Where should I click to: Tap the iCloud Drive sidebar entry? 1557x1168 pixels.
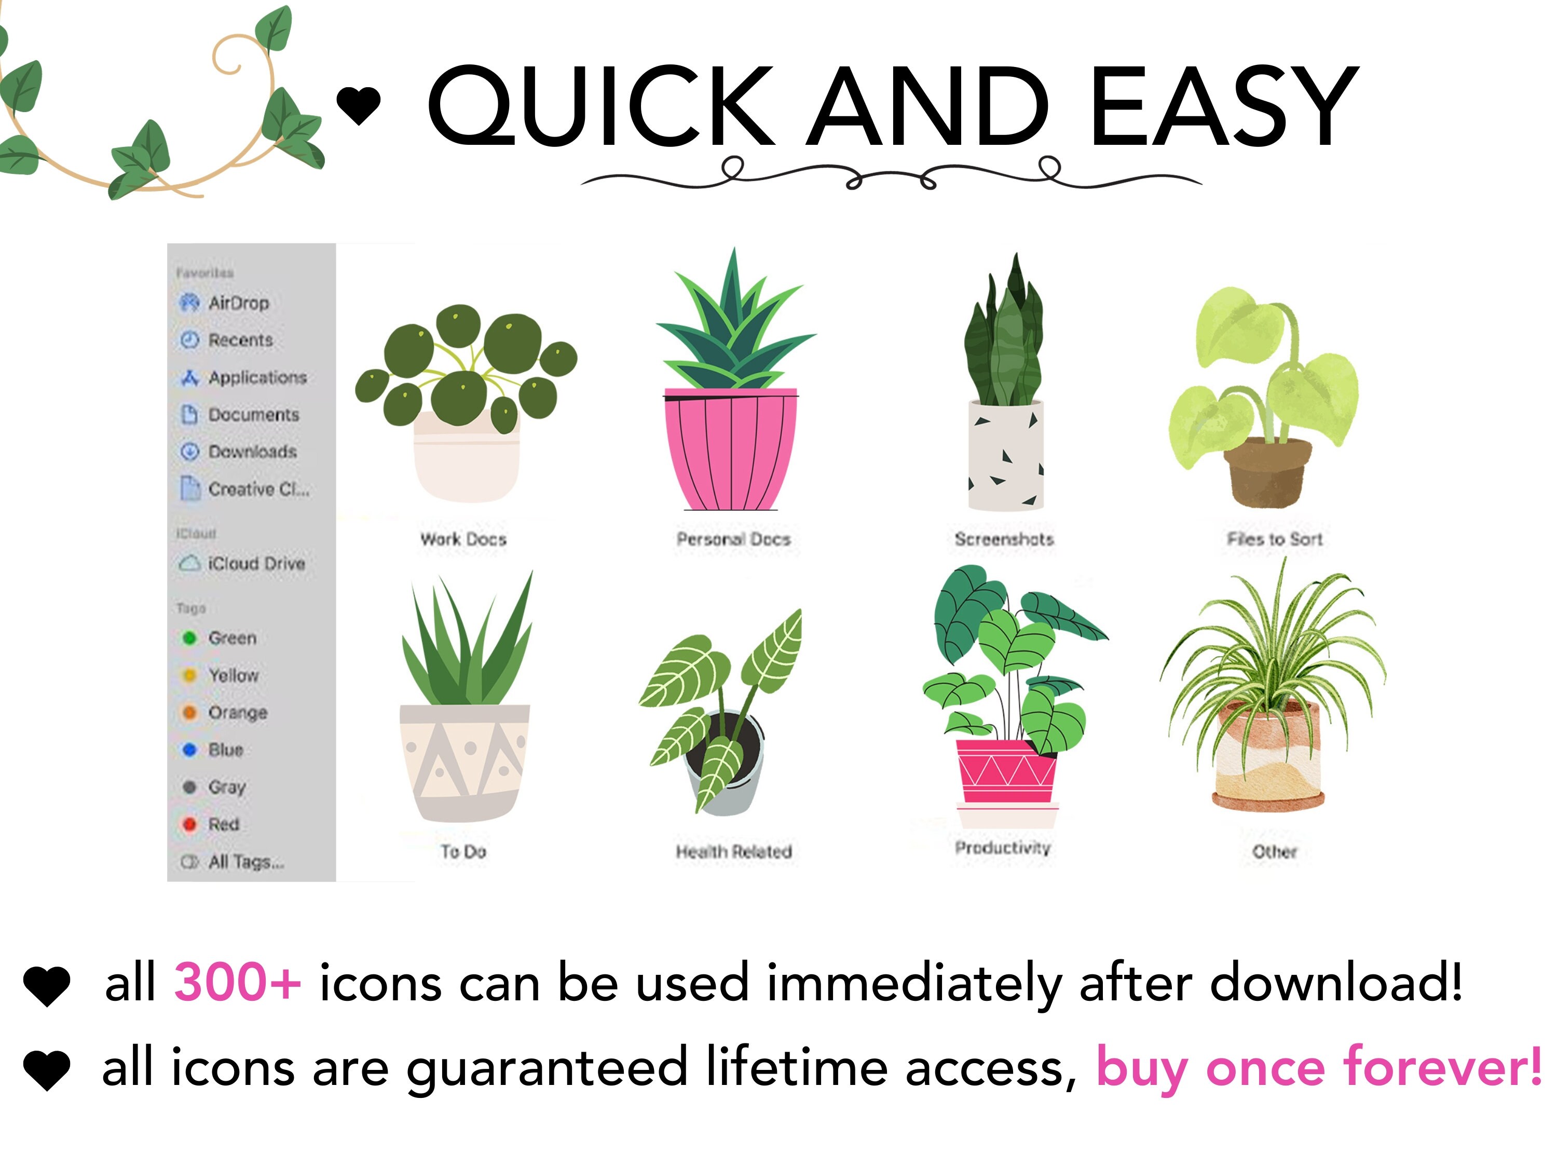(x=255, y=563)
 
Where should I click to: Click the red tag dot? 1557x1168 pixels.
(x=188, y=824)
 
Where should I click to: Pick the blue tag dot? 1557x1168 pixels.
(x=188, y=750)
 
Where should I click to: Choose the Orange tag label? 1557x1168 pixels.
(x=237, y=713)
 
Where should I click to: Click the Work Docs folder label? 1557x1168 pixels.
(x=463, y=539)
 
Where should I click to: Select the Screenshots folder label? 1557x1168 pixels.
(x=1004, y=539)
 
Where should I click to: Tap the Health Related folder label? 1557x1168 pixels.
(x=733, y=852)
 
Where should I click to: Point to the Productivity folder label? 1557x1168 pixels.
(x=1002, y=848)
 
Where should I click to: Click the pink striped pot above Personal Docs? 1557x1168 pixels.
(x=731, y=451)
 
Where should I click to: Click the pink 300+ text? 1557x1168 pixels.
(x=238, y=982)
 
